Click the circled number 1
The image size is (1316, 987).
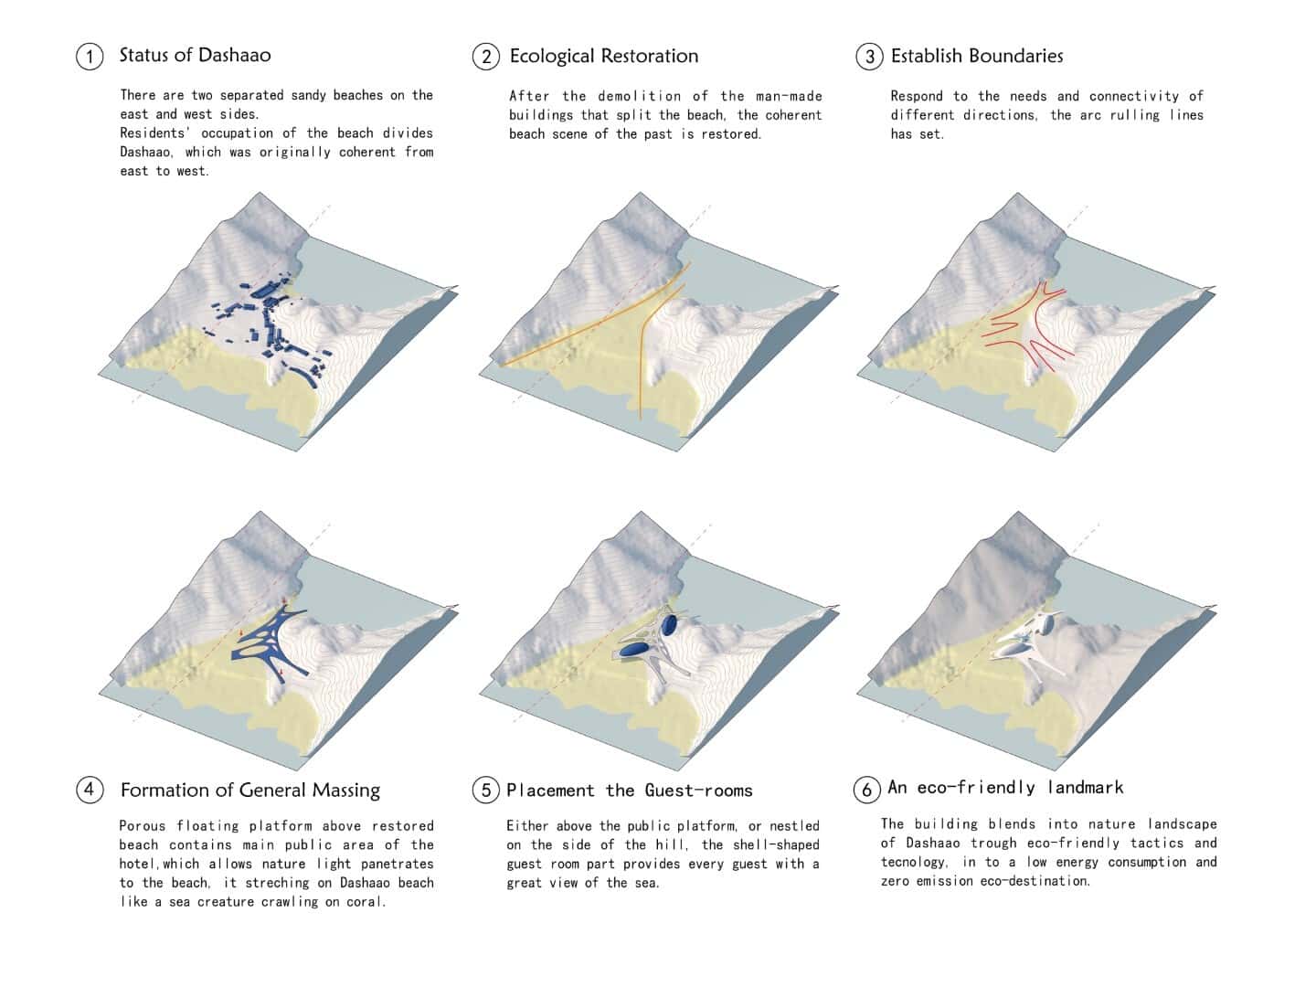click(90, 57)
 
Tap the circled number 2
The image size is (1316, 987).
click(485, 57)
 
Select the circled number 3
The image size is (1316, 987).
click(869, 57)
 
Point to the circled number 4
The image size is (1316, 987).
click(90, 790)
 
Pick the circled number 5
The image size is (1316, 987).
click(485, 790)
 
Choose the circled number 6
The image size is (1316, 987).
click(867, 790)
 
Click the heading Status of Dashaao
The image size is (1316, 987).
click(195, 55)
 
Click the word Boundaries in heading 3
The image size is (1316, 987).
click(1015, 56)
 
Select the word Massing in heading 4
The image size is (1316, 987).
click(346, 791)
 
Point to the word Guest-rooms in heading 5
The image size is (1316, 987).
click(698, 791)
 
